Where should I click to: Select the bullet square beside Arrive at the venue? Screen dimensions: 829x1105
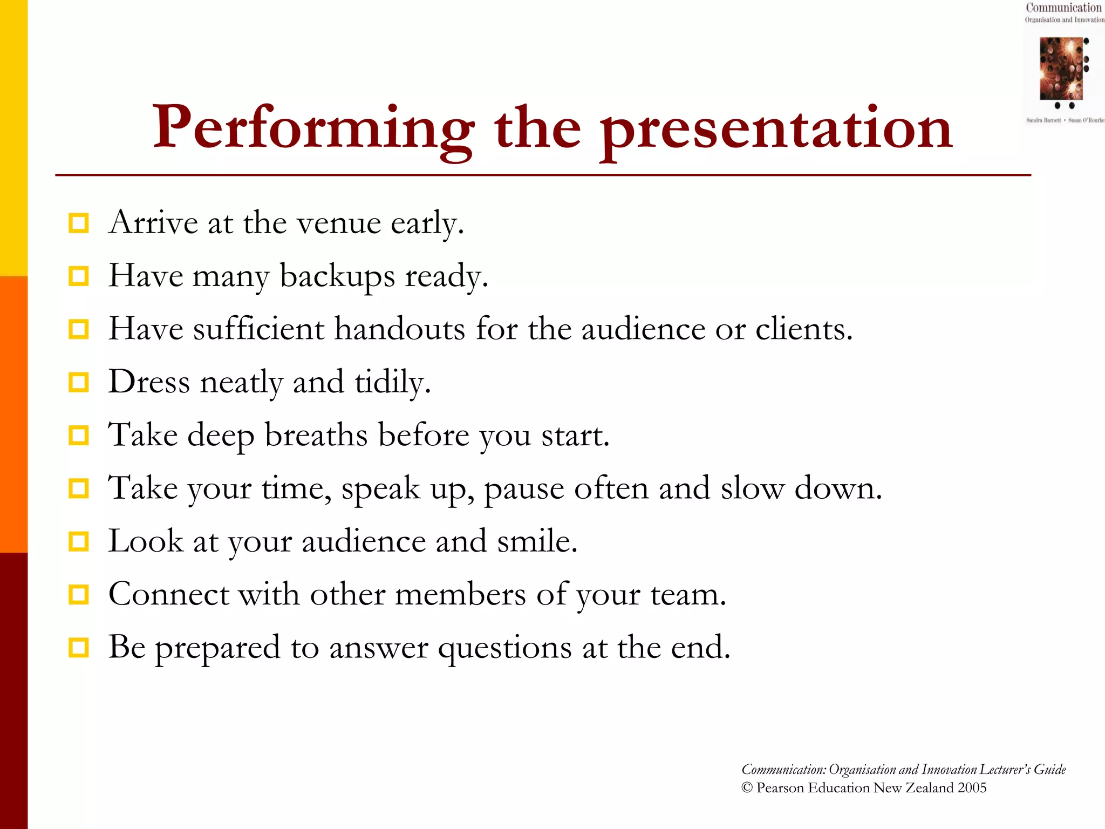(79, 223)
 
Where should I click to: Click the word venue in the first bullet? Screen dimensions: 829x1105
(339, 223)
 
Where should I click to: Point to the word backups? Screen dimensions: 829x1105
(337, 276)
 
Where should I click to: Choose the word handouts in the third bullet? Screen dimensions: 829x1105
(399, 329)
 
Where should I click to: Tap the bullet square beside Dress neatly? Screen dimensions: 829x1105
(79, 382)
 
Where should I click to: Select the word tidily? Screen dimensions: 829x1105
(392, 382)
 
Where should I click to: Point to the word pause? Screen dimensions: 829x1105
(524, 488)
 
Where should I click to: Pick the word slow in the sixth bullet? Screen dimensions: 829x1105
(752, 488)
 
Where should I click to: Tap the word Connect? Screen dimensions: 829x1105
(168, 594)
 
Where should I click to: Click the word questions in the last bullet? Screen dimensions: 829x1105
(504, 648)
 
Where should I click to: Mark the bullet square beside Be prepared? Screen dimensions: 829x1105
(79, 647)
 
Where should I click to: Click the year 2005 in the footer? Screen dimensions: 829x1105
(972, 788)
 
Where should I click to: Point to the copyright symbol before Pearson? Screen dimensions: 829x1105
(747, 788)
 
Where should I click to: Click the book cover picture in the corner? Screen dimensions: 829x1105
(1061, 68)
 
